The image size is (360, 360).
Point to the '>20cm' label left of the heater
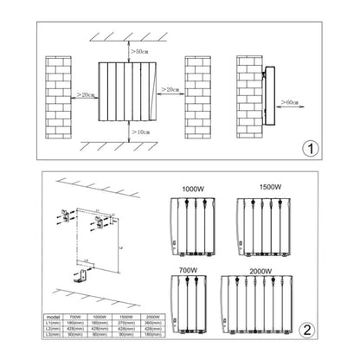(85, 93)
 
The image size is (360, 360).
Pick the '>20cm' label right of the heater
(170, 90)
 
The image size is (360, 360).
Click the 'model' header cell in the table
(56, 317)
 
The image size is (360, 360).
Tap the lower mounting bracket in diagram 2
(80, 276)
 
